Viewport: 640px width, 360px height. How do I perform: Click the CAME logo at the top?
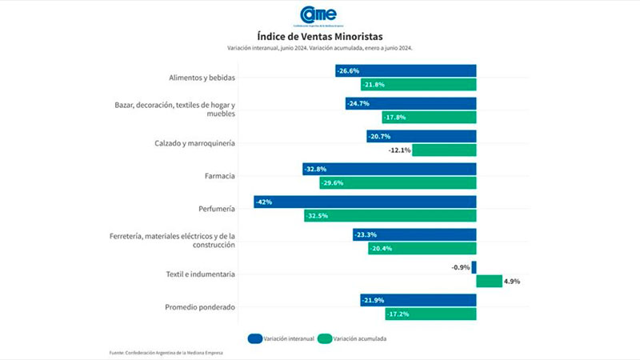pyautogui.click(x=318, y=15)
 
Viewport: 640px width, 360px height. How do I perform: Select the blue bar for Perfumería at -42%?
pyautogui.click(x=365, y=202)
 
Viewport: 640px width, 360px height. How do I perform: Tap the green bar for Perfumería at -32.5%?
pyautogui.click(x=390, y=215)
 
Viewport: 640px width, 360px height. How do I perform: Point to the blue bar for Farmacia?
pyautogui.click(x=390, y=169)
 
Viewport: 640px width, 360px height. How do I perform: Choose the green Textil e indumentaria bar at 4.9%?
pyautogui.click(x=489, y=281)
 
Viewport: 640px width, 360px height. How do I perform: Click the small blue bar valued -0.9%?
pyautogui.click(x=474, y=267)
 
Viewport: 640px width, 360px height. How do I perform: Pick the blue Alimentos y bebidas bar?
pyautogui.click(x=406, y=70)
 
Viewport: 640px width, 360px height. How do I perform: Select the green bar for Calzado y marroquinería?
pyautogui.click(x=444, y=150)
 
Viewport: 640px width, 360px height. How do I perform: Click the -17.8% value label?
pyautogui.click(x=394, y=117)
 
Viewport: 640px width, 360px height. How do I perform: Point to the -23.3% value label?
pyautogui.click(x=367, y=234)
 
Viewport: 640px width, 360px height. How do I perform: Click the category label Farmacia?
pyautogui.click(x=219, y=175)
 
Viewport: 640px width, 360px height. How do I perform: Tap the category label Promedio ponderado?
pyautogui.click(x=200, y=307)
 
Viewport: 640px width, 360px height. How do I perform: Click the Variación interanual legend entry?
pyautogui.click(x=280, y=338)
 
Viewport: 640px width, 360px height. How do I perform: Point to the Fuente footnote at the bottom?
pyautogui.click(x=166, y=353)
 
